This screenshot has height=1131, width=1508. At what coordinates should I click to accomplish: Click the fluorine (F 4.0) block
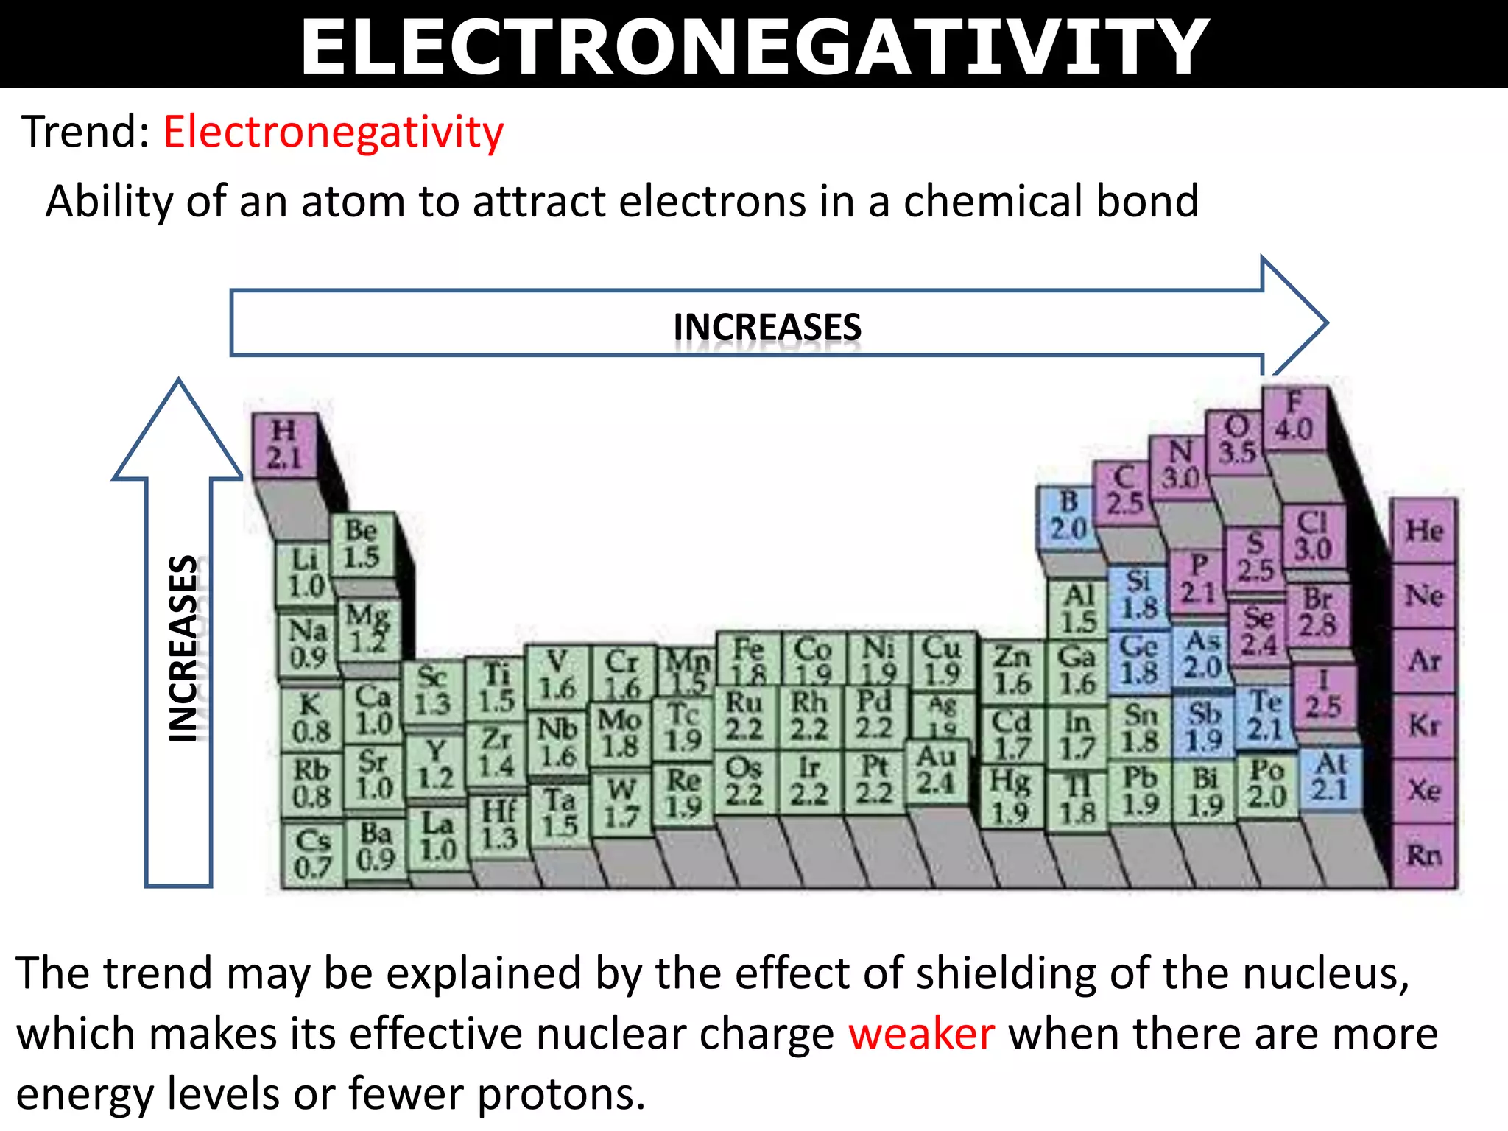click(1294, 417)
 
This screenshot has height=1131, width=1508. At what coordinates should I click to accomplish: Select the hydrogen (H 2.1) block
click(284, 445)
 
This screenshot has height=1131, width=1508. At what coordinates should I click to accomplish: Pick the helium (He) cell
click(1423, 530)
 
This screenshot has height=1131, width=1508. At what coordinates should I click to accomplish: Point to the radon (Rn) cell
click(1423, 856)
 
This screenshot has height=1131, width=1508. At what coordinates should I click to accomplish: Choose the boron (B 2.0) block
click(1068, 516)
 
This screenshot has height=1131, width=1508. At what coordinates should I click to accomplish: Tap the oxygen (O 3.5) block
click(1236, 440)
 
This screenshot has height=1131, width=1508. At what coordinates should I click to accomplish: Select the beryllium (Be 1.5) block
click(362, 544)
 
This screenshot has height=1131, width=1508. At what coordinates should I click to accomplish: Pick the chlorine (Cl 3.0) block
click(1313, 535)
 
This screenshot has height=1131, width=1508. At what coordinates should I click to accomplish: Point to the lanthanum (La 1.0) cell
click(438, 837)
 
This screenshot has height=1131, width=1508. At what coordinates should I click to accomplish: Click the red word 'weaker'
click(921, 1033)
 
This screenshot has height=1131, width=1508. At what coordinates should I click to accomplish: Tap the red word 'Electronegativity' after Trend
click(334, 133)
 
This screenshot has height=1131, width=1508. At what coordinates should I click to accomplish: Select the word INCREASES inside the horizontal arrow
click(767, 327)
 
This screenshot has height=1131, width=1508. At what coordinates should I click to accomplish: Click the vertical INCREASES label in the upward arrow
click(183, 648)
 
